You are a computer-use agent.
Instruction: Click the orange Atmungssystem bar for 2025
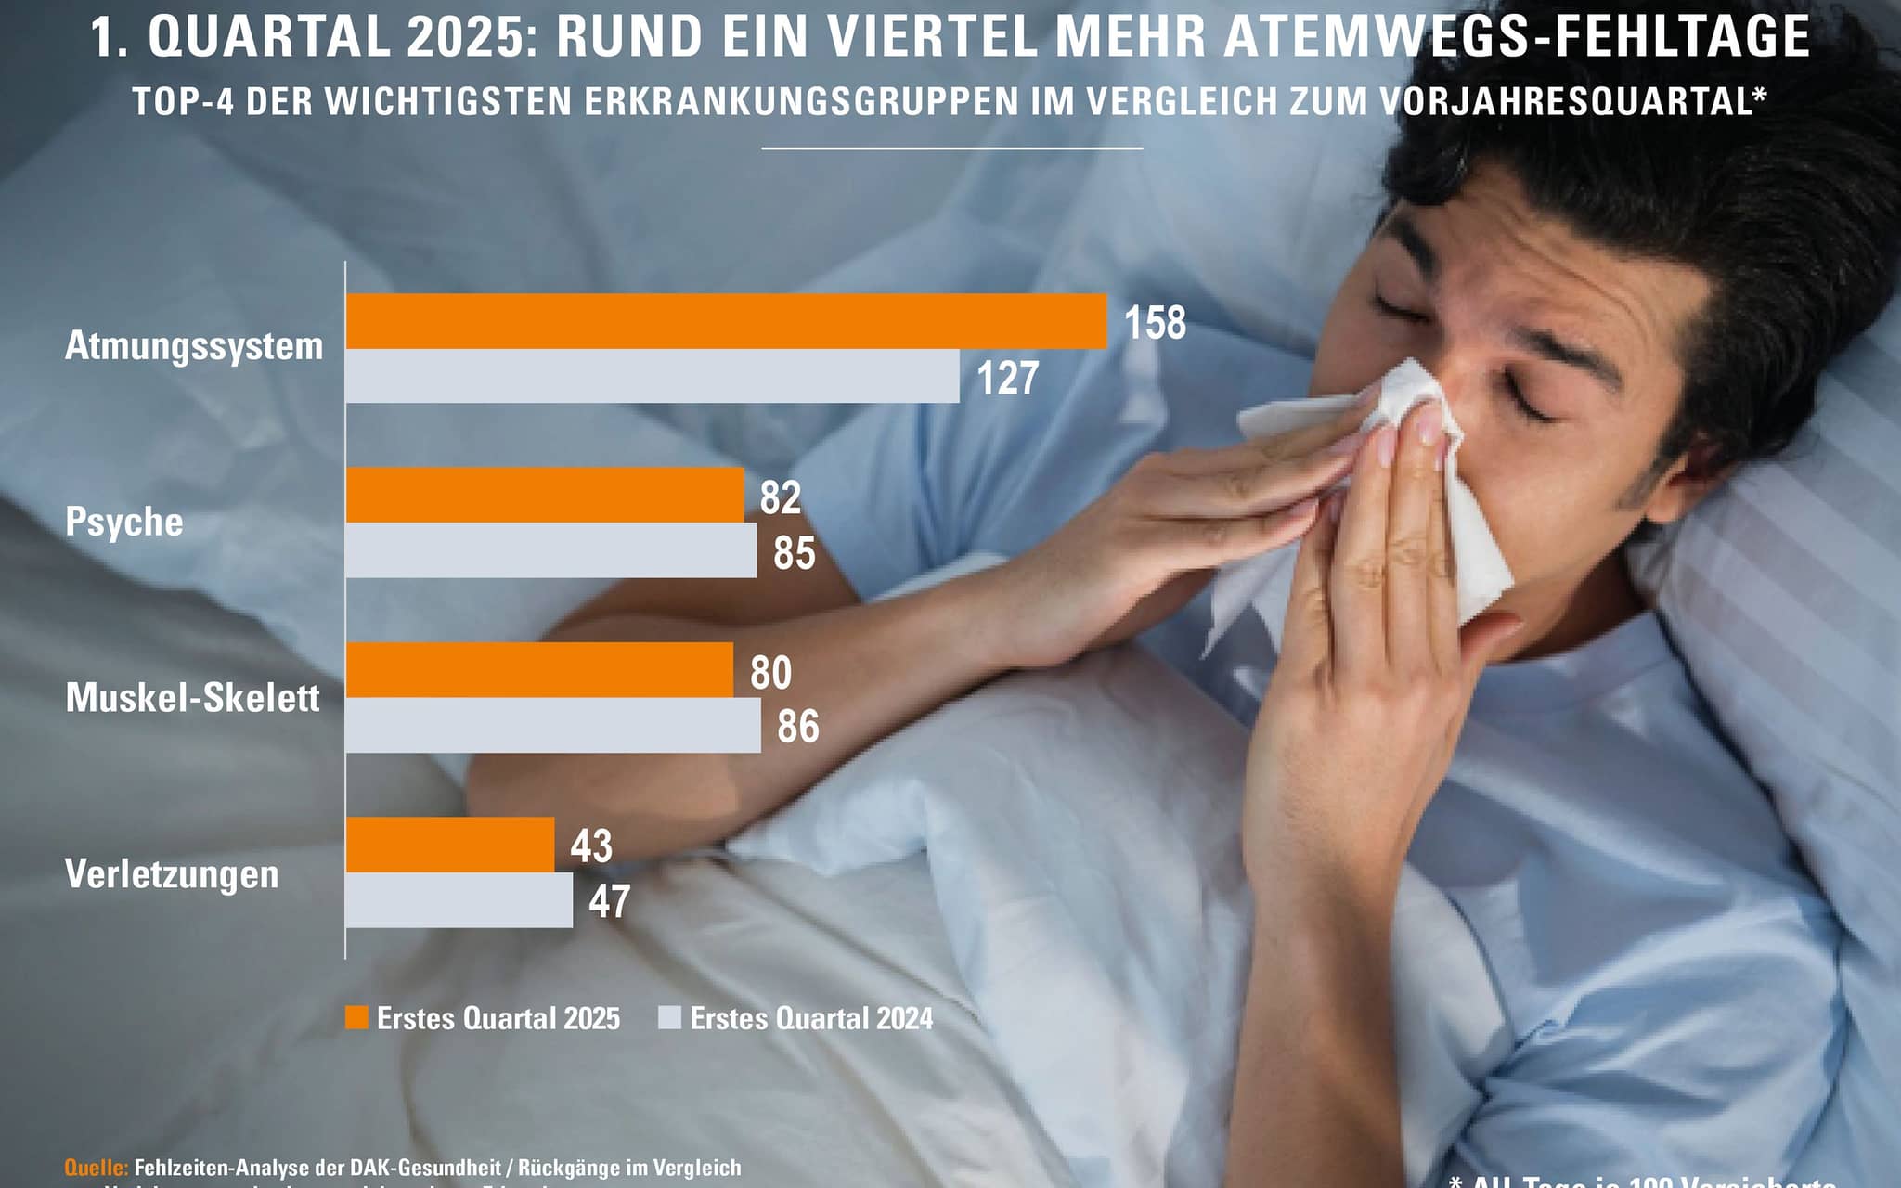point(727,321)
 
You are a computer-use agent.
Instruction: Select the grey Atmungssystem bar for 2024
point(653,376)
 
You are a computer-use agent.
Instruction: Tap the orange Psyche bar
point(545,495)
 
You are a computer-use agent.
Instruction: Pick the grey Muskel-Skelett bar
point(553,725)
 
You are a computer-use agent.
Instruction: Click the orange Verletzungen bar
point(450,845)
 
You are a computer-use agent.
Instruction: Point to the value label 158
point(1155,323)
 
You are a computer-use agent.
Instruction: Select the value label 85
point(794,552)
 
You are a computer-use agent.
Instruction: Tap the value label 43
point(591,846)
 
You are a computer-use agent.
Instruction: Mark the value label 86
point(797,726)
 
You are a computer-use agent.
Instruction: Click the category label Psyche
point(124,523)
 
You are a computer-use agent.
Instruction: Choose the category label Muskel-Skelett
point(192,698)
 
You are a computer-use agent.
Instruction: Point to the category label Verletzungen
point(172,874)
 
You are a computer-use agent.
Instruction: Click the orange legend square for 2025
point(356,1017)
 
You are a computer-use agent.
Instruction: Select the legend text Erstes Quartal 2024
point(811,1018)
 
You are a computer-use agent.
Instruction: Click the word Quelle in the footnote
point(96,1168)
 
